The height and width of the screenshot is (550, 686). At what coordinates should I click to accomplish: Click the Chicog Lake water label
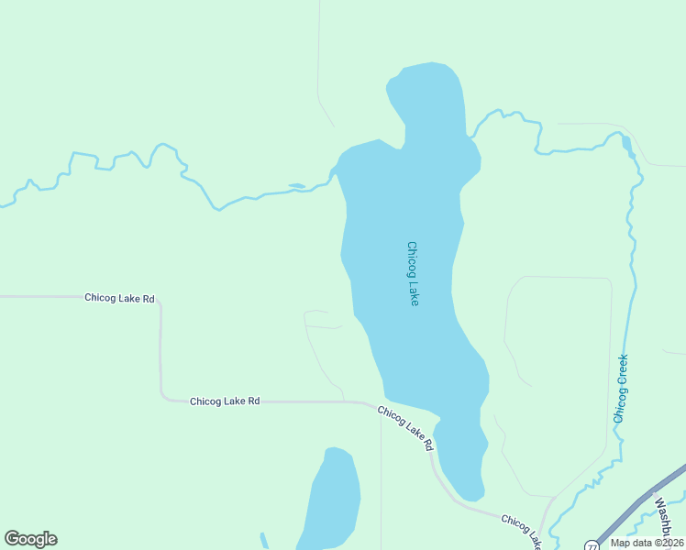[x=413, y=273]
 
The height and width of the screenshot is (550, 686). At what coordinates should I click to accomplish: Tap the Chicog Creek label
[x=621, y=388]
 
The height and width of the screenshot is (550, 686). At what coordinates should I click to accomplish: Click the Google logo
[x=30, y=539]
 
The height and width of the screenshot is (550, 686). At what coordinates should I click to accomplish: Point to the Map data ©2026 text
[x=647, y=543]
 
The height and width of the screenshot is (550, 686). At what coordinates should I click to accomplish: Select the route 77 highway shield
[x=589, y=544]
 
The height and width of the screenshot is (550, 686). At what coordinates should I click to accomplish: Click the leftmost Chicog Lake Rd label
[x=119, y=298]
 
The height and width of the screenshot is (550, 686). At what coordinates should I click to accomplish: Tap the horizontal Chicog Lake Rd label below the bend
[x=225, y=401]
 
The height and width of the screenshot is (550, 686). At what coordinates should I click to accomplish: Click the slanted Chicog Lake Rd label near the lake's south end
[x=404, y=429]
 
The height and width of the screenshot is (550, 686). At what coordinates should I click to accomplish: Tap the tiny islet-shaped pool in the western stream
[x=296, y=186]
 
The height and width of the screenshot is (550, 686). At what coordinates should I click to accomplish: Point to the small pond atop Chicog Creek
[x=627, y=144]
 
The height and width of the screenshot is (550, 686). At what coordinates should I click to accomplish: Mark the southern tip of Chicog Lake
[x=470, y=499]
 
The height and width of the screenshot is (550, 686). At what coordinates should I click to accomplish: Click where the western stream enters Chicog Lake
[x=337, y=170]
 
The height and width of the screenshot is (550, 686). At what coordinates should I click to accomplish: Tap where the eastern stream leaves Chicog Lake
[x=470, y=137]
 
